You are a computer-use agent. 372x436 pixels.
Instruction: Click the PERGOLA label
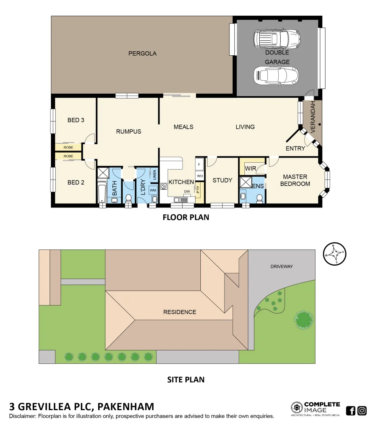[x=142, y=53]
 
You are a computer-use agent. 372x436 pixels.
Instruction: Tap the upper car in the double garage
[x=277, y=39]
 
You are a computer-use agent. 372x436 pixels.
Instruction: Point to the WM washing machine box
[x=153, y=190]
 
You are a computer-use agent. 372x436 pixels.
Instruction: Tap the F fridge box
[x=199, y=165]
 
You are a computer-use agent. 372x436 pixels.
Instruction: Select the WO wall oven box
[x=200, y=176]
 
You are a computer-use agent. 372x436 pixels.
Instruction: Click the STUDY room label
[x=222, y=180]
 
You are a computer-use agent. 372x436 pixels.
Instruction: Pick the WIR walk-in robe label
[x=250, y=168]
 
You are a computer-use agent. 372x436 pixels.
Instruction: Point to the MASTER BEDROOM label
[x=295, y=180]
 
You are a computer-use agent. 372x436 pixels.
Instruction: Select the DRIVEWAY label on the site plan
[x=282, y=266]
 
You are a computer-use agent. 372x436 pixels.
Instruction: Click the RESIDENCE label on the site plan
[x=179, y=312]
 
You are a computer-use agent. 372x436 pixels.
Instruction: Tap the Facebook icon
[x=351, y=411]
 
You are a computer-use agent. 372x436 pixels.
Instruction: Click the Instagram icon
[x=362, y=411]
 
